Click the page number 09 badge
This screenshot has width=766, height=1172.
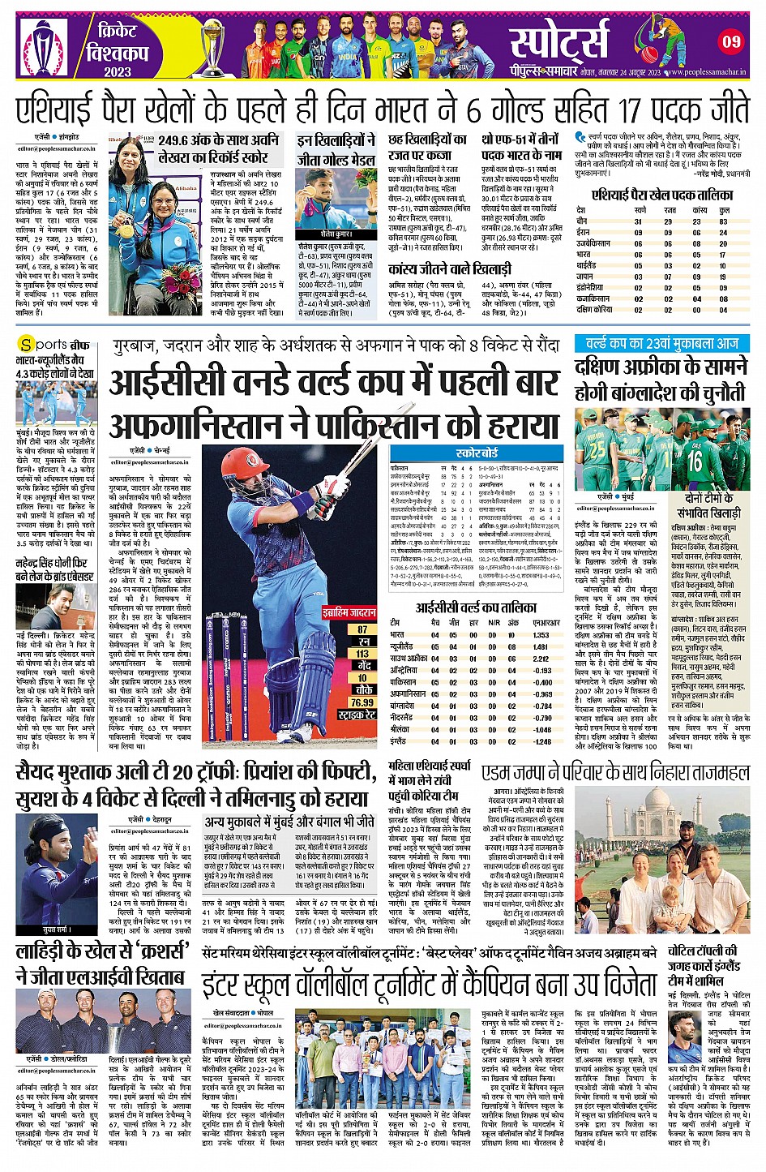[x=732, y=41]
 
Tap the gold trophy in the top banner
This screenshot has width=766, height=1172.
[x=212, y=47]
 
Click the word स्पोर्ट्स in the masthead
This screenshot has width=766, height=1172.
[x=558, y=39]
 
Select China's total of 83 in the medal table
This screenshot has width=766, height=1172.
[x=723, y=221]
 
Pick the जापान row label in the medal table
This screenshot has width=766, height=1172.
[x=585, y=277]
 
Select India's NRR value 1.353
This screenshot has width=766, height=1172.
[x=541, y=636]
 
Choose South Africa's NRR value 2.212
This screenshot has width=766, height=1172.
[x=541, y=659]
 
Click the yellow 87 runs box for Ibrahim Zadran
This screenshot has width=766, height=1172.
[x=362, y=629]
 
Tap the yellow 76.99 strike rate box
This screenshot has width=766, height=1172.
[x=362, y=702]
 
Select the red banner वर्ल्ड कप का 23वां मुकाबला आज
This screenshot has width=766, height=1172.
[x=662, y=344]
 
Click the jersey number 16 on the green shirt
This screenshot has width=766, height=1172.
[x=695, y=460]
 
